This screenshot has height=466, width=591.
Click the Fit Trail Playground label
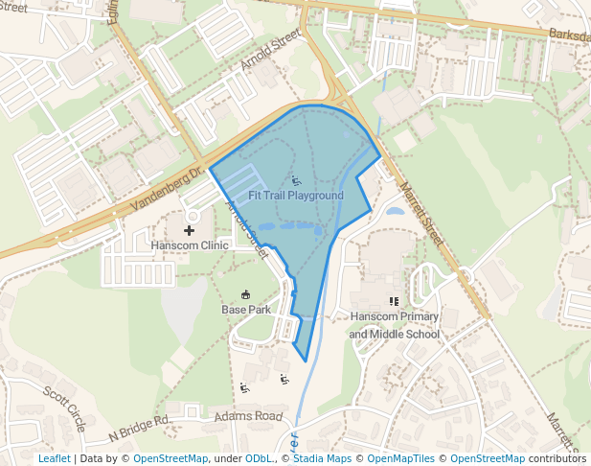coord(295,196)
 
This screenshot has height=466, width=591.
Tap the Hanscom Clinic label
coord(190,245)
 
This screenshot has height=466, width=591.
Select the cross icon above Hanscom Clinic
coord(189,230)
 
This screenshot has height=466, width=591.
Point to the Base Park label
coord(245,310)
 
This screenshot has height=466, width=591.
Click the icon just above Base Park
coord(245,294)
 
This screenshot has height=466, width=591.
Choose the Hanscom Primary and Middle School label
coord(394,325)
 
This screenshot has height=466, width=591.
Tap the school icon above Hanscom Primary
coord(394,301)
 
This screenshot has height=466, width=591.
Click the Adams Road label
coord(248,416)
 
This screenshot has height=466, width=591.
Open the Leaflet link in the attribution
coord(54,458)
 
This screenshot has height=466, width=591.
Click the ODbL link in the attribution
coord(259,458)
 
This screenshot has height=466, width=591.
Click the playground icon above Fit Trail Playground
coord(296,180)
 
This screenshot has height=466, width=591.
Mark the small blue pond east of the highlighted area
coord(395,210)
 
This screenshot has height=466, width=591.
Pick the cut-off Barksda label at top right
coord(570,35)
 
